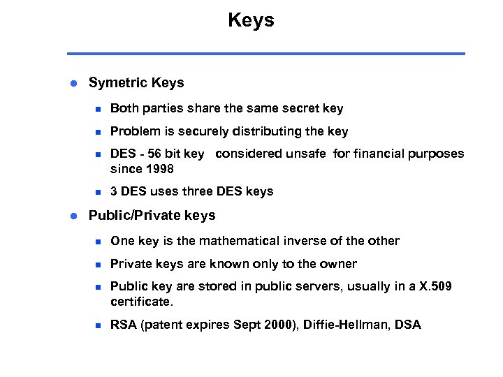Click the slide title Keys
click(251, 20)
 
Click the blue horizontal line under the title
click(265, 54)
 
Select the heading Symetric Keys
click(136, 83)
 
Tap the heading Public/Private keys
click(152, 216)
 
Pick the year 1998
click(159, 169)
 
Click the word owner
click(339, 264)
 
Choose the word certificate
click(140, 302)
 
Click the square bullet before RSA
click(99, 325)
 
